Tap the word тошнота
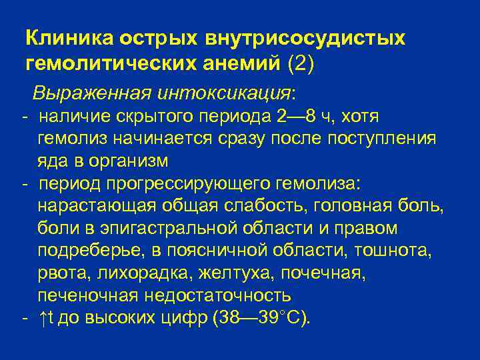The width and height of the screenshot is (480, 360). pyautogui.click(x=398, y=251)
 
